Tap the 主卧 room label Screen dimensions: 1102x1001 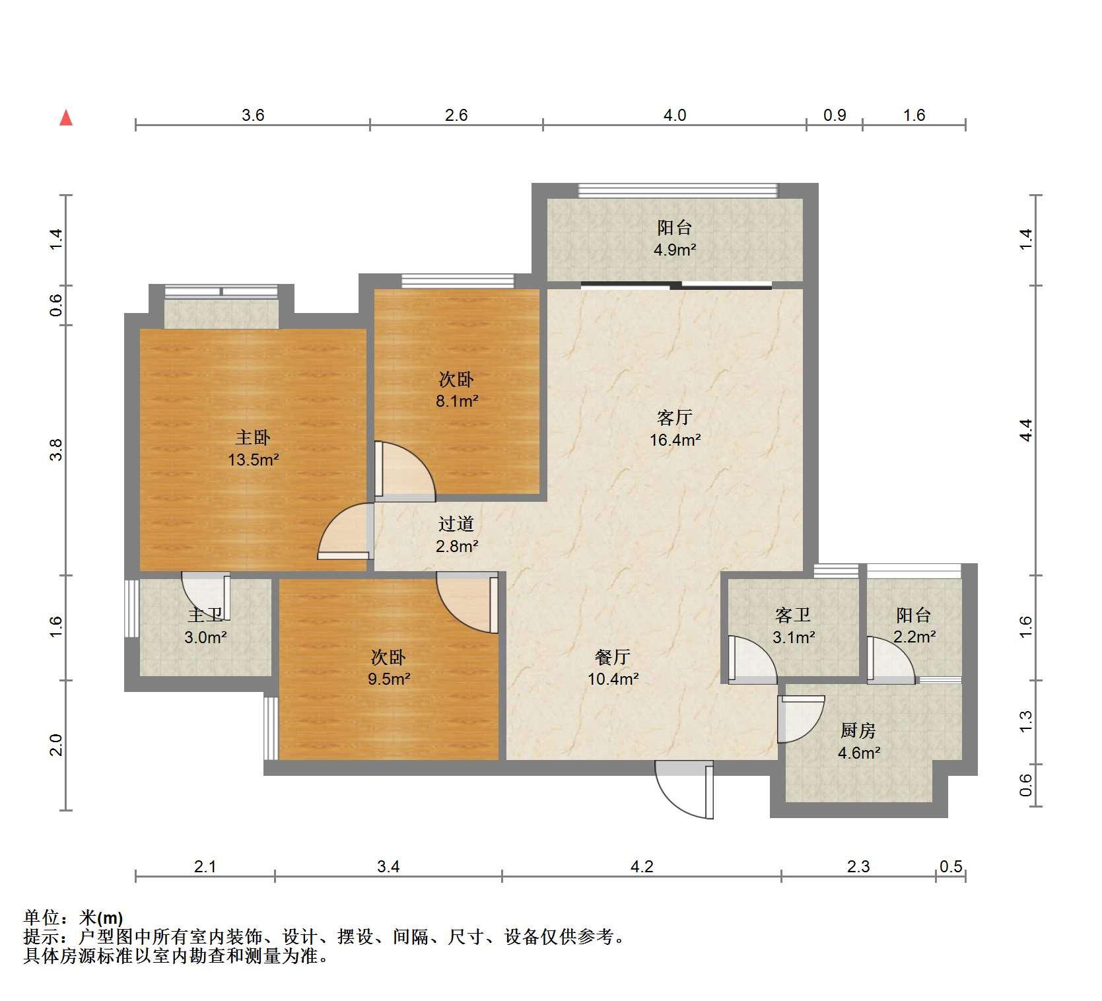pyautogui.click(x=253, y=437)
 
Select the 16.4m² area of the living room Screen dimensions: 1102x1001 pyautogui.click(x=675, y=439)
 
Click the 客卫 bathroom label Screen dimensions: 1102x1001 pyautogui.click(x=792, y=615)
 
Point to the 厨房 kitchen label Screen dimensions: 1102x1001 pyautogui.click(x=858, y=730)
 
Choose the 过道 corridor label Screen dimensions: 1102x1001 pyautogui.click(x=456, y=524)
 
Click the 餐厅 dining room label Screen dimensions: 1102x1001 pyautogui.click(x=613, y=657)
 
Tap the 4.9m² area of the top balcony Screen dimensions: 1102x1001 pyautogui.click(x=675, y=250)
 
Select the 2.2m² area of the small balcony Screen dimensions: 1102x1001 pyautogui.click(x=914, y=637)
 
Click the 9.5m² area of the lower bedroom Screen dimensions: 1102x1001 pyautogui.click(x=389, y=679)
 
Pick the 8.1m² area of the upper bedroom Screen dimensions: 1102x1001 pyautogui.click(x=457, y=401)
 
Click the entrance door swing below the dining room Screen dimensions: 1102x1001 pyautogui.click(x=685, y=790)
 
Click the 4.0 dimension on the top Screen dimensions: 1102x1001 pyautogui.click(x=674, y=116)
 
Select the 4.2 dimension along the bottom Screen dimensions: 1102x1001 pyautogui.click(x=641, y=866)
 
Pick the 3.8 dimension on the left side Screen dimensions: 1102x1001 pyautogui.click(x=57, y=450)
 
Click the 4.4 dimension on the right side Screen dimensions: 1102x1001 pyautogui.click(x=1025, y=430)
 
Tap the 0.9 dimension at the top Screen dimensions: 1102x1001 pyautogui.click(x=835, y=116)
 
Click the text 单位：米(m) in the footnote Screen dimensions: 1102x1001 pyautogui.click(x=73, y=918)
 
